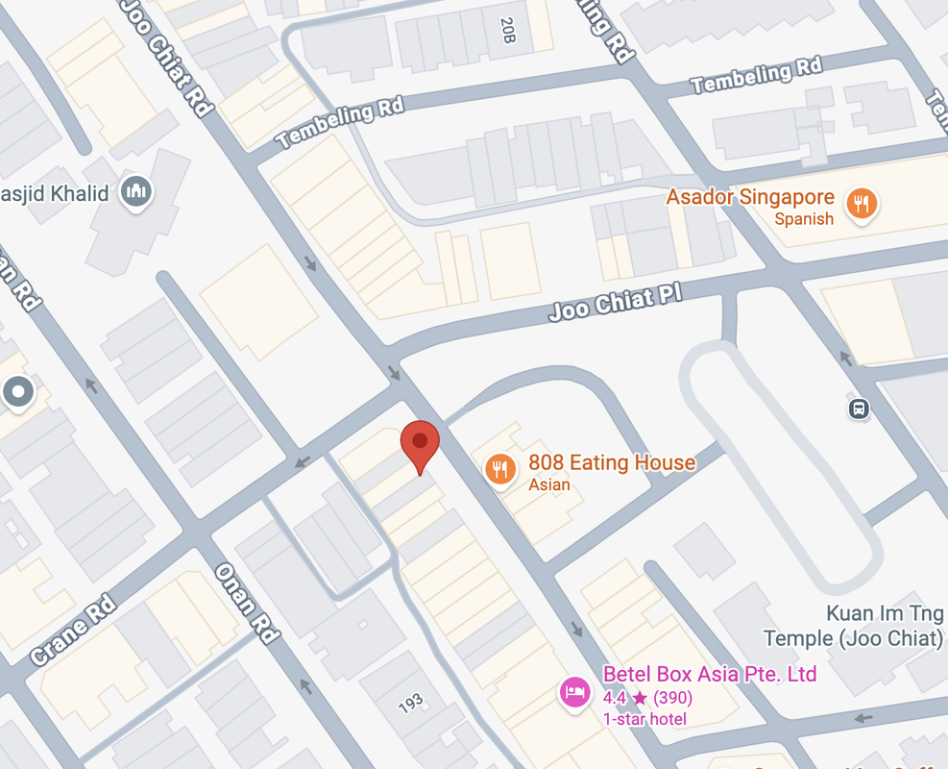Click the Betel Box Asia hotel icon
574,692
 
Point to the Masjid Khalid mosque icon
137,192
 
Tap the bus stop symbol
859,409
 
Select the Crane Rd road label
73,631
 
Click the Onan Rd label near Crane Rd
247,603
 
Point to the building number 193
411,704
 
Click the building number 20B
508,30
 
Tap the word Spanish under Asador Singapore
804,219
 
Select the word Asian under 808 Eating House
549,484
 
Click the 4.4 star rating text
647,697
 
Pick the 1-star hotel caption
644,719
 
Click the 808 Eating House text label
612,462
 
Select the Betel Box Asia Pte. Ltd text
710,673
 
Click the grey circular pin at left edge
18,391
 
